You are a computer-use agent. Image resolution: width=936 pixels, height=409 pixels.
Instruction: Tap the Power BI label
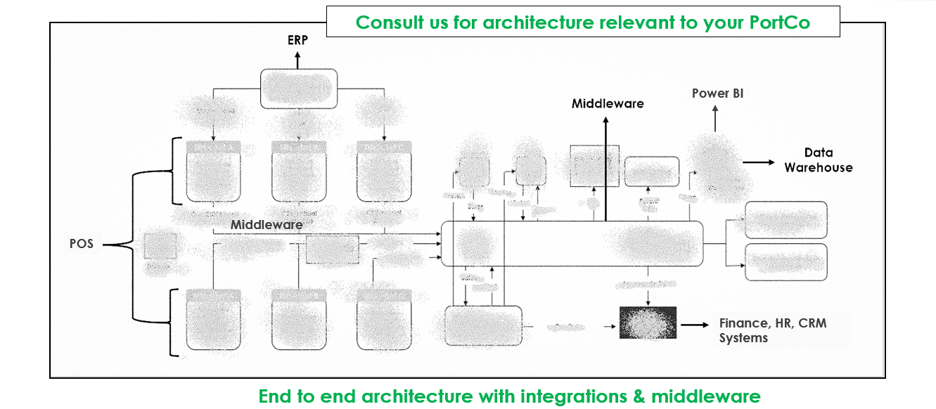(717, 93)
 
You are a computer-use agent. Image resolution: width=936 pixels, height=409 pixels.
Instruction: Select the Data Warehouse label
(818, 160)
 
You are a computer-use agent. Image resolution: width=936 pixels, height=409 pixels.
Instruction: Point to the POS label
(81, 245)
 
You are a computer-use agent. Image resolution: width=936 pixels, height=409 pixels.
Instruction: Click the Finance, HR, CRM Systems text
(772, 330)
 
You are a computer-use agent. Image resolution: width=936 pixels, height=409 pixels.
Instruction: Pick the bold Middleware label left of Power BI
(607, 104)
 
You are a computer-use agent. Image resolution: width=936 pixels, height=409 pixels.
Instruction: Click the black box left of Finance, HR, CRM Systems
(648, 323)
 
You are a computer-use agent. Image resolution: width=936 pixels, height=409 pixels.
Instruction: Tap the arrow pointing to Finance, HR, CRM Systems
(695, 325)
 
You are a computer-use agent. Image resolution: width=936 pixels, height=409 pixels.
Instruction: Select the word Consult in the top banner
(386, 22)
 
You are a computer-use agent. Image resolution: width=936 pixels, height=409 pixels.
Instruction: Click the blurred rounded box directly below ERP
(299, 89)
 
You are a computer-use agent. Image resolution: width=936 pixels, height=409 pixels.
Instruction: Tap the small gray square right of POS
(160, 246)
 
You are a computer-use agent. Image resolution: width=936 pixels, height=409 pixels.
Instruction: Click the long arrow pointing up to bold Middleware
(605, 169)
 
